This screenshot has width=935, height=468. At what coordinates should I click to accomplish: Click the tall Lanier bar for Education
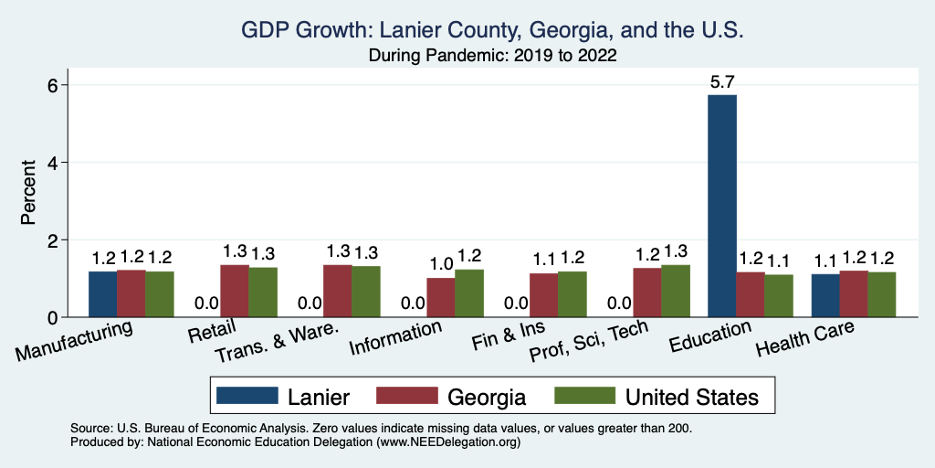pos(721,206)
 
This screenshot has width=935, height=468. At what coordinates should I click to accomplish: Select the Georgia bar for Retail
pos(235,292)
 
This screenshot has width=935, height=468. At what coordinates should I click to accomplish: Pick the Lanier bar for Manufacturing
pos(102,294)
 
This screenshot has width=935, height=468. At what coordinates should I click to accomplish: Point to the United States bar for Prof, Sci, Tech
pos(676,291)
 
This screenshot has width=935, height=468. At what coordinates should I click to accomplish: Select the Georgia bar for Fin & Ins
pos(544,295)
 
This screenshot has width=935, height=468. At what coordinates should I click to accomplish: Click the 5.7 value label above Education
pos(722,81)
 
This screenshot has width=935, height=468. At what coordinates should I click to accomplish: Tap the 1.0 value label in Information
pos(441,265)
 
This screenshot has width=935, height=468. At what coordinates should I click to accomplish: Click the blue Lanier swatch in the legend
pos(247,396)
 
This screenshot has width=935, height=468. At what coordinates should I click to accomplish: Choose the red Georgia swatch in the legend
pos(406,396)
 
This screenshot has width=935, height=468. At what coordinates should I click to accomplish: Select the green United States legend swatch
pos(584,396)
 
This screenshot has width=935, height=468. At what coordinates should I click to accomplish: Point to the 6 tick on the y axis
pos(52,85)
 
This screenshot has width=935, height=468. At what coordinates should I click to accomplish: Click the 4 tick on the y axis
pos(52,163)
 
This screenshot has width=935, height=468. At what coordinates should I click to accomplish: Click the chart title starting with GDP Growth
pos(493,31)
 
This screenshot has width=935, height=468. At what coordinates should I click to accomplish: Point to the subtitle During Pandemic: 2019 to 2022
pos(493,56)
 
